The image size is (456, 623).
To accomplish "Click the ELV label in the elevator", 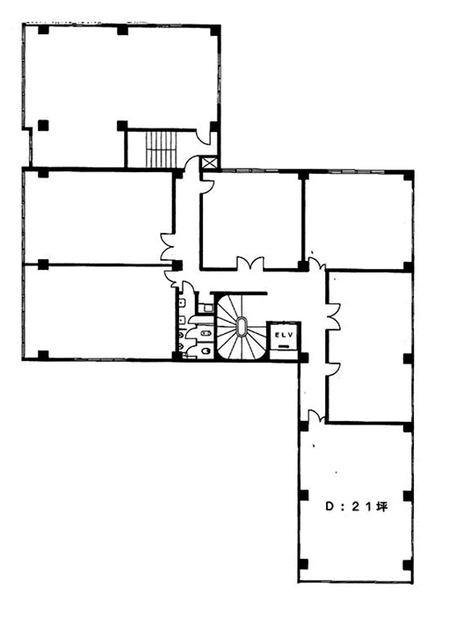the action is pyautogui.click(x=284, y=335).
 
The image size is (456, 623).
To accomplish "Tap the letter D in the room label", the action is pyautogui.click(x=329, y=507).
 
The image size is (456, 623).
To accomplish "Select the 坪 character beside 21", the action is pyautogui.click(x=381, y=507).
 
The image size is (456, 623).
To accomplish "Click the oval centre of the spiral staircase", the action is pyautogui.click(x=241, y=327).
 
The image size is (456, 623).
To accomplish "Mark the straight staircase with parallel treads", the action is pyautogui.click(x=161, y=149).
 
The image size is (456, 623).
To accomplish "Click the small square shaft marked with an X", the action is pyautogui.click(x=210, y=163).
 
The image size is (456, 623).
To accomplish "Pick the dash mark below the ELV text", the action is pyautogui.click(x=284, y=346).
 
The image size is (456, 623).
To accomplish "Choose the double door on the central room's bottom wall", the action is pyautogui.click(x=250, y=264).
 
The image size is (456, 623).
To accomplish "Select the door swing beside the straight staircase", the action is pyautogui.click(x=206, y=137).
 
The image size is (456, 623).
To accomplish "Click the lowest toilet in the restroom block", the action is pyautogui.click(x=206, y=351).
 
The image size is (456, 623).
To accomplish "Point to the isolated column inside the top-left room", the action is pyautogui.click(x=43, y=126).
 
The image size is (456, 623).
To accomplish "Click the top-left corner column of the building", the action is pyautogui.click(x=43, y=30).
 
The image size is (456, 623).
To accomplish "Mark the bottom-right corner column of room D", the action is pyautogui.click(x=407, y=565).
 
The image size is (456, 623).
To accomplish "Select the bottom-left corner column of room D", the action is pyautogui.click(x=303, y=564).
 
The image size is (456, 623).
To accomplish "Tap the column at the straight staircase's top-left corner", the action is pyautogui.click(x=122, y=126).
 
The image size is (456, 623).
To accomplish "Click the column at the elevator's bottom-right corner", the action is pyautogui.click(x=303, y=358).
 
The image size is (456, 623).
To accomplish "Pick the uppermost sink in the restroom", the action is pyautogui.click(x=181, y=303).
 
